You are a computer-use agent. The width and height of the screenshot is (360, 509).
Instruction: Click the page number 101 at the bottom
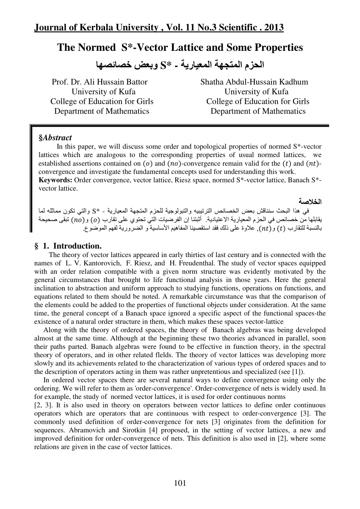180,483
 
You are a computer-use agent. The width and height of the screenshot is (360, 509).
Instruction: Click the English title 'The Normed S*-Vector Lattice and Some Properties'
180,47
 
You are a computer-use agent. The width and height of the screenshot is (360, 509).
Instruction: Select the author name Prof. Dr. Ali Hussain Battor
100,82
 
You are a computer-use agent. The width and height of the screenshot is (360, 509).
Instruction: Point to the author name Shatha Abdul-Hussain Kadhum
254,82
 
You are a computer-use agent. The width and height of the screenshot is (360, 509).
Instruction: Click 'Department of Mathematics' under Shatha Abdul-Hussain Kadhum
258,111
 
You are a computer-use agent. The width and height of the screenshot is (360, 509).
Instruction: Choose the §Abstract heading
55,138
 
